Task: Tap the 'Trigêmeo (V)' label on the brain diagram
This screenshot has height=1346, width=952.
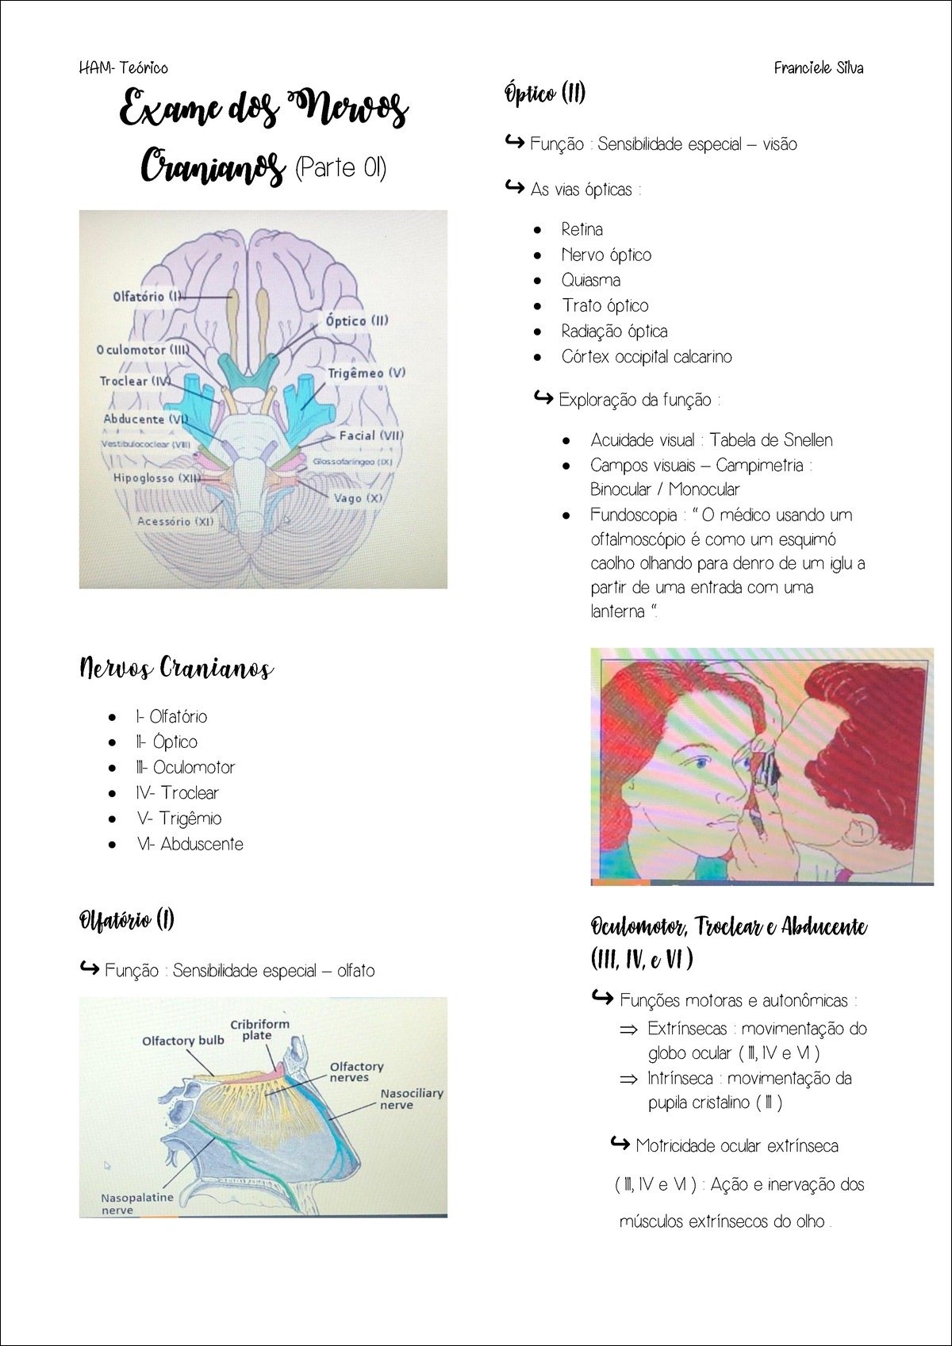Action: pyautogui.click(x=367, y=373)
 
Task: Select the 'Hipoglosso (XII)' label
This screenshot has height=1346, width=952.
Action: pyautogui.click(x=156, y=478)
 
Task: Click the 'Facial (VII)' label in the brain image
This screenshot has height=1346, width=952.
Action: pyautogui.click(x=371, y=435)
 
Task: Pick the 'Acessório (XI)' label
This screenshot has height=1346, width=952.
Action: pyautogui.click(x=175, y=521)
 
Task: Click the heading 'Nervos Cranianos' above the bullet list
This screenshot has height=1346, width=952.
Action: pyautogui.click(x=176, y=669)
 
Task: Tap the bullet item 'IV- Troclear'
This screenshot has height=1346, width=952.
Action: pyautogui.click(x=178, y=792)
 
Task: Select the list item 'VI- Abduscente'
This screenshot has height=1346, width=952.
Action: pyautogui.click(x=190, y=844)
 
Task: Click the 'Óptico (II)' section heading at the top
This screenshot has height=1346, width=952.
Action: pyautogui.click(x=545, y=94)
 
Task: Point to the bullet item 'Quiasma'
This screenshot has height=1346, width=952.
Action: pyautogui.click(x=591, y=280)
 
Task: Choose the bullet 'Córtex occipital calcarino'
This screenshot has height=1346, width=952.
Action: pyautogui.click(x=647, y=357)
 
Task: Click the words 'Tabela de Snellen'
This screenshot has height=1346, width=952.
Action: pyautogui.click(x=771, y=440)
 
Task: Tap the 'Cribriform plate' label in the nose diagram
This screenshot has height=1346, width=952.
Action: pyautogui.click(x=259, y=1030)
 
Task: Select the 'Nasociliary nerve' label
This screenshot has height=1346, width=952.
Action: pyautogui.click(x=411, y=1099)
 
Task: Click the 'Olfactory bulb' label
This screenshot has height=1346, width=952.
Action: pyautogui.click(x=183, y=1041)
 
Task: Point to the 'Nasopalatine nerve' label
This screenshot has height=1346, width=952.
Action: pyautogui.click(x=136, y=1203)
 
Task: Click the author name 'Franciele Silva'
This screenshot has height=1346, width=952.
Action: pyautogui.click(x=819, y=68)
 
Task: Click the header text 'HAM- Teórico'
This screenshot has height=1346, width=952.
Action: pyautogui.click(x=124, y=68)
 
